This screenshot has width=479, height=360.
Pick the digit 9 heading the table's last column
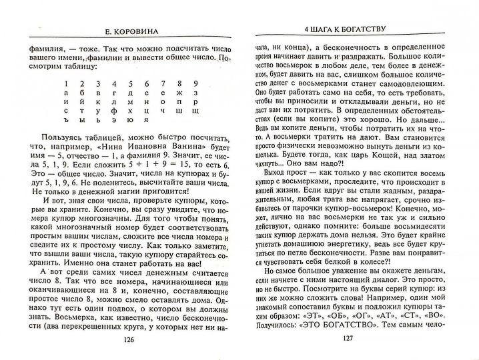[x=195, y=83]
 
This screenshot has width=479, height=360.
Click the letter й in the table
[x=81, y=105]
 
